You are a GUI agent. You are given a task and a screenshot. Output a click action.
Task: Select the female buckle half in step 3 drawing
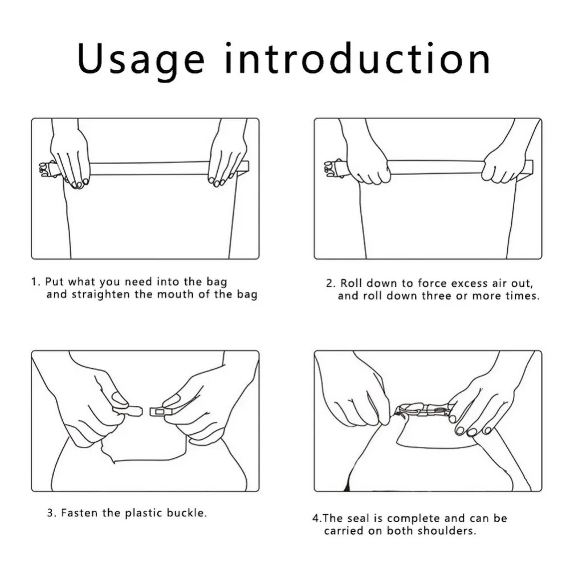(163, 412)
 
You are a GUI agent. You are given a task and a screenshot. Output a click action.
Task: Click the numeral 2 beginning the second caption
(329, 283)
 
